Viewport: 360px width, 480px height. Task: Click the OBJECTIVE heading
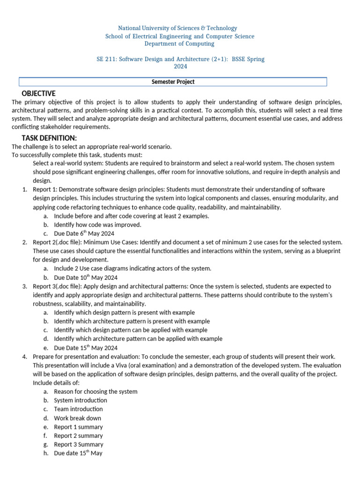pos(38,93)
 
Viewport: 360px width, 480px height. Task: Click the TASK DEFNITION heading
pos(49,137)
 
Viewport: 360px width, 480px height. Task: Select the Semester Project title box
pos(172,82)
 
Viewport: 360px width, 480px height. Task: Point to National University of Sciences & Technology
pos(177,28)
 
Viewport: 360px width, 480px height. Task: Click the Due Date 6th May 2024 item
pos(84,233)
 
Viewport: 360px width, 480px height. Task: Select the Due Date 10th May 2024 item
pos(85,277)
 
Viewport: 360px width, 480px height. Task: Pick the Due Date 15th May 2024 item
pos(85,348)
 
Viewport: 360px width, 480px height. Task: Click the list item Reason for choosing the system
pos(96,391)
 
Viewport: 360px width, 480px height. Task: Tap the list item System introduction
pos(80,400)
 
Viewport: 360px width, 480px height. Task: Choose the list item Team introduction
pos(78,409)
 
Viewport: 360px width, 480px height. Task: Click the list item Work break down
pos(77,418)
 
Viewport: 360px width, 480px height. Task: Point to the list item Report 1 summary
pos(78,427)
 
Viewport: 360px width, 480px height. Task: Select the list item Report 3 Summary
pos(79,444)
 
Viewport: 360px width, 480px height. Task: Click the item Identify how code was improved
pos(97,225)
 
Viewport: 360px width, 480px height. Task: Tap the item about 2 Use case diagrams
pos(133,268)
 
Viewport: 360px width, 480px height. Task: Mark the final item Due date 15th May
pos(78,453)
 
